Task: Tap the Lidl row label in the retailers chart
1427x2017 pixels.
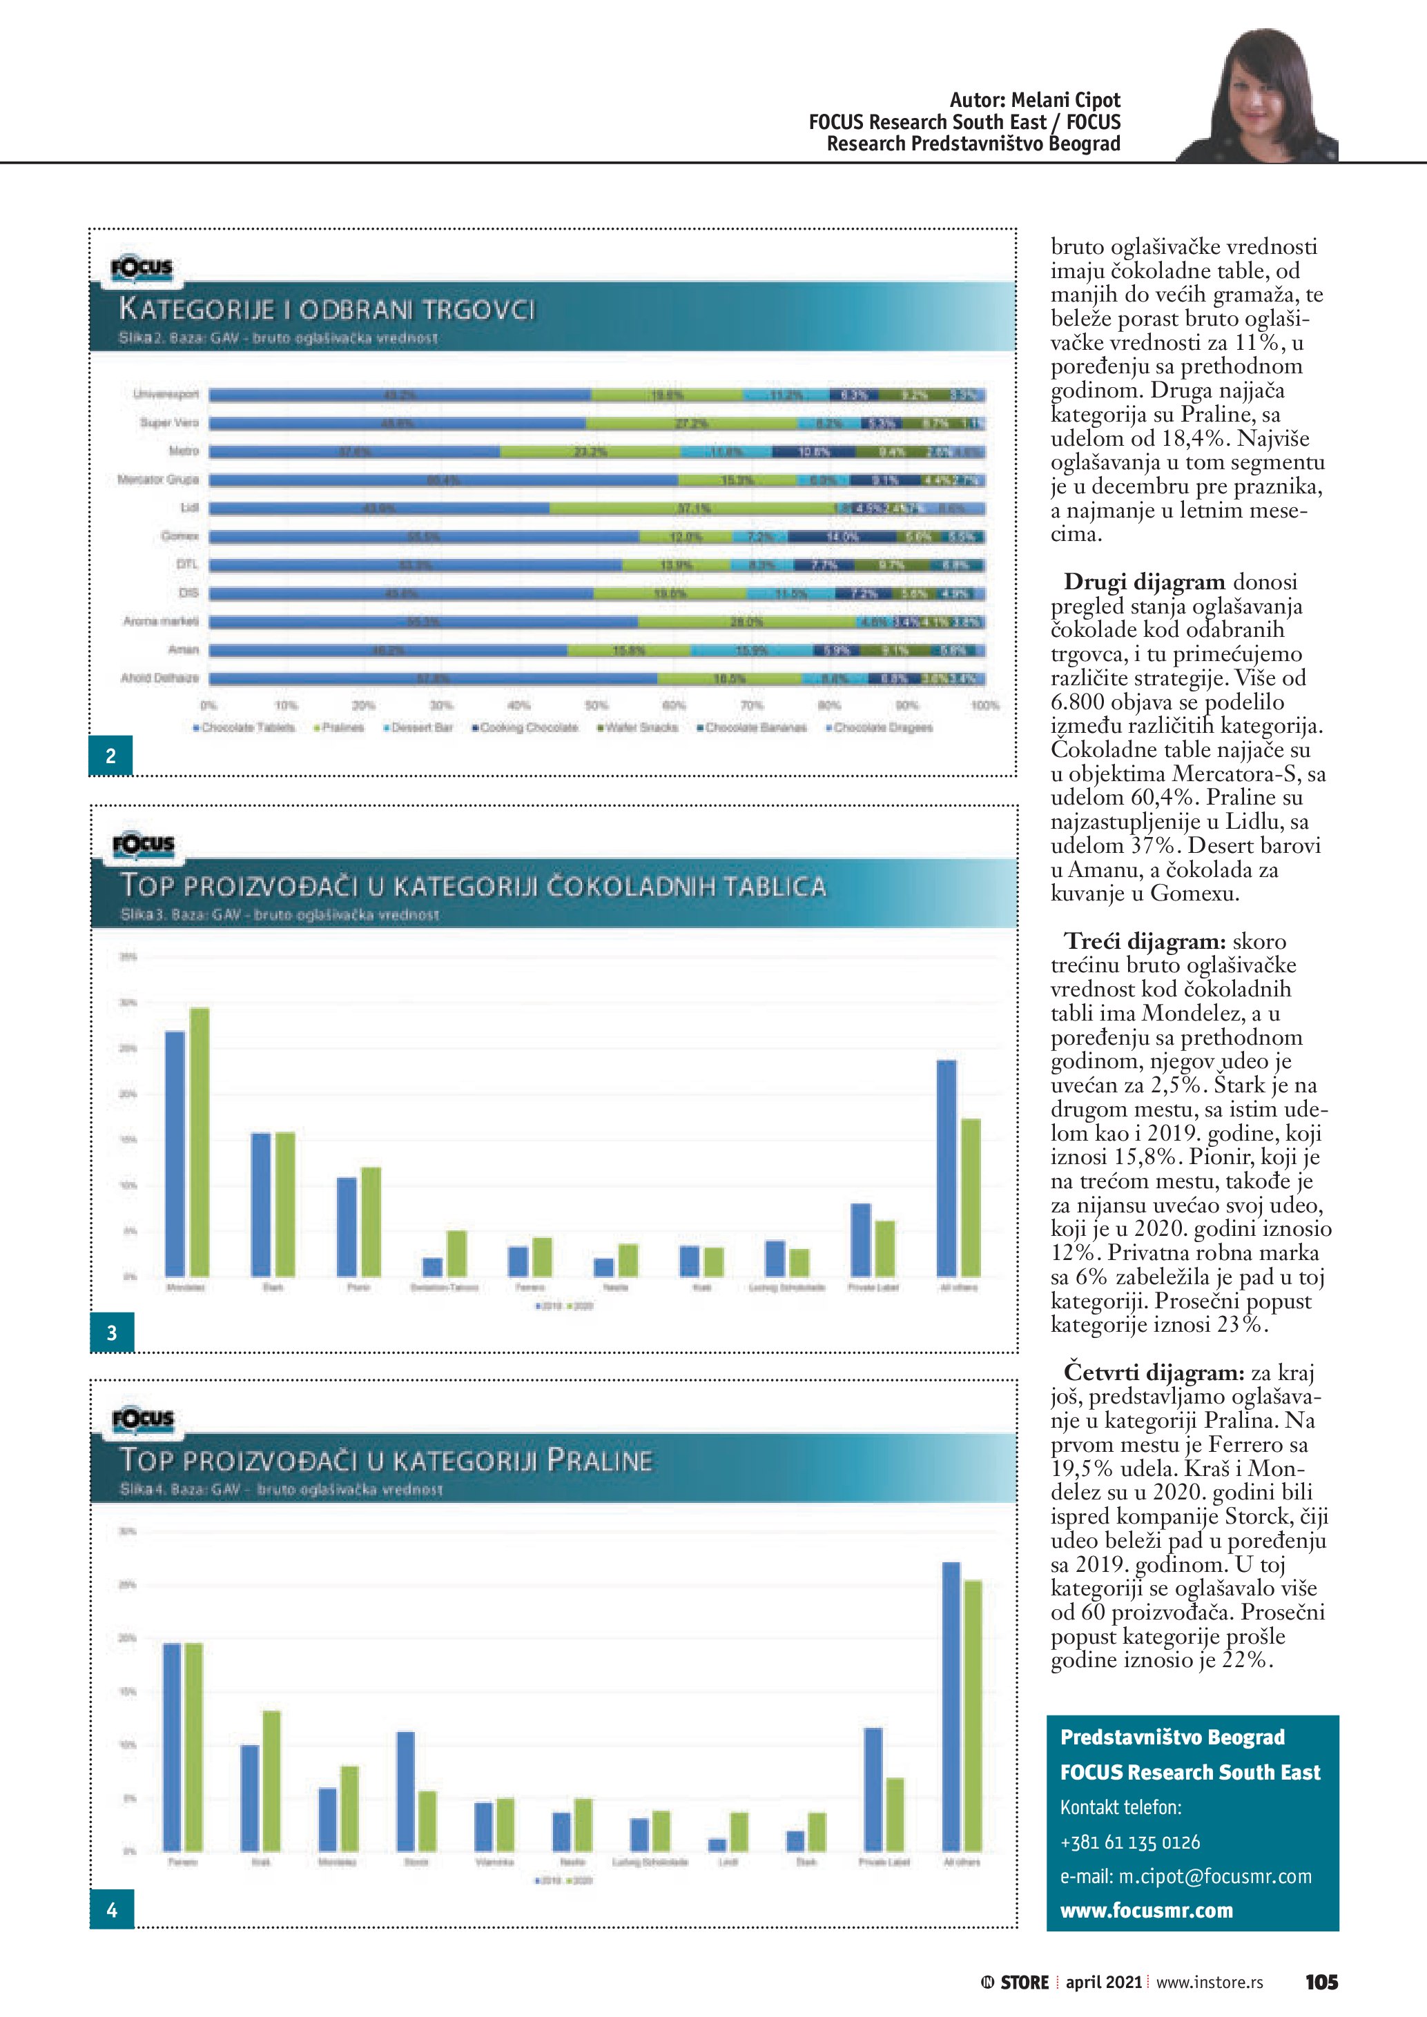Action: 189,508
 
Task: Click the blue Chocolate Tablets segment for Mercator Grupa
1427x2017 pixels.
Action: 444,480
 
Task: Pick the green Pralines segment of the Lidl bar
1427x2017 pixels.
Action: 692,508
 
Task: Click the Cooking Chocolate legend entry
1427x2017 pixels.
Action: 525,727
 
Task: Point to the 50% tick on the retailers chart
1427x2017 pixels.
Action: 596,705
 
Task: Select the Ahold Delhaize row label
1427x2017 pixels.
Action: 160,678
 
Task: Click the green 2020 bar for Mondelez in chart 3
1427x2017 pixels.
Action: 200,1141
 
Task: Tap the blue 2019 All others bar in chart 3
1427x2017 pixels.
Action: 947,1168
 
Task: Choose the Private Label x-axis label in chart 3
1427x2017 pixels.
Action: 873,1287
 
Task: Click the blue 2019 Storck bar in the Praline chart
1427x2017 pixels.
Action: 406,1791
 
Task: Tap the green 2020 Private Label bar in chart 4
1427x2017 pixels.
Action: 895,1814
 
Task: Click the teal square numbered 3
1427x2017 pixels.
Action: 112,1332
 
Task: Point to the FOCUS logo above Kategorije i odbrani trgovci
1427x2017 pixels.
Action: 142,268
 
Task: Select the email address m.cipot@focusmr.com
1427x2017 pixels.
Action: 1214,1876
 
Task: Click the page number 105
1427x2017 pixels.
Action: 1321,1982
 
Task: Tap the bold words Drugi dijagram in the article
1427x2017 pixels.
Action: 1144,582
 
